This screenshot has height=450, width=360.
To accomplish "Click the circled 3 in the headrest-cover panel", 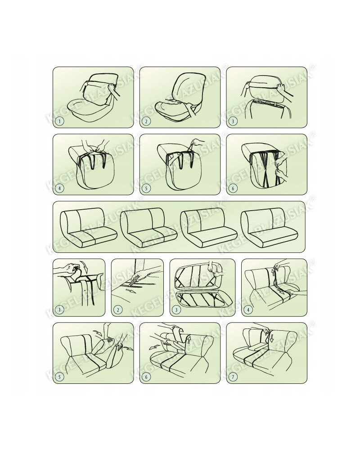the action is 233,121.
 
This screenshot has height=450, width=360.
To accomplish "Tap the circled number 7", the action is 233,377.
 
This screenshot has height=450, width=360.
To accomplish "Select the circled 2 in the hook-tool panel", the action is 118,310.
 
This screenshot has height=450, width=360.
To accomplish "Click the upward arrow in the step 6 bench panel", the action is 189,340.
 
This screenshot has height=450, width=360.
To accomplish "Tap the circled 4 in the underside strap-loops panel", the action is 59,189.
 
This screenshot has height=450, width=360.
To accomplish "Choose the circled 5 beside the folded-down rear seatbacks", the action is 59,377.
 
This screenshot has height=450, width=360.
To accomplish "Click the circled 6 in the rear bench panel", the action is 146,377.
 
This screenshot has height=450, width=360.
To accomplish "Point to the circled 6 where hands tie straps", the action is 233,189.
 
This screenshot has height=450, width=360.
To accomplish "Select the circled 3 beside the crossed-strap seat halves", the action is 176,310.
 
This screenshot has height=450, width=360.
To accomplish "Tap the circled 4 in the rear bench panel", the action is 248,310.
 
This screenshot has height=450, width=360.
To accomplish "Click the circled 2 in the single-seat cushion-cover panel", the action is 146,121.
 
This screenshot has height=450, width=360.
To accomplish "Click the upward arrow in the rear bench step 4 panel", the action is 273,270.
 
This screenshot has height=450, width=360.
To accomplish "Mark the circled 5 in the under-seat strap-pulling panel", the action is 146,189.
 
